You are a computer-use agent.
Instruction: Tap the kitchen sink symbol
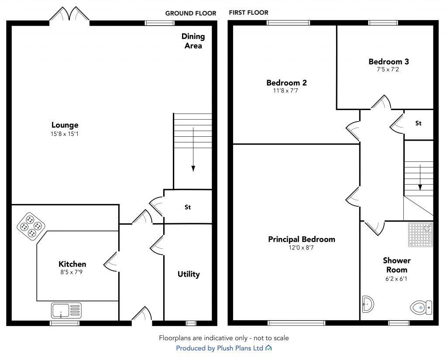coord(66,311)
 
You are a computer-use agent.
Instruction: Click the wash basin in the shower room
coord(368,303)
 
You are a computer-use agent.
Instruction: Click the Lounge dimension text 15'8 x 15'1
coord(65,134)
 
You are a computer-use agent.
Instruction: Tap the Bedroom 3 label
coord(389,62)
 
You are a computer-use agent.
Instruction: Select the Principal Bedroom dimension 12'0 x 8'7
coord(302,248)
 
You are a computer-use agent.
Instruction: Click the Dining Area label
coord(193,41)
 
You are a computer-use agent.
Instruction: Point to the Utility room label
coord(189,274)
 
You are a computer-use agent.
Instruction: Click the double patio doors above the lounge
coord(69,15)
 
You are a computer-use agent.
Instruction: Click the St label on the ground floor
coord(188,207)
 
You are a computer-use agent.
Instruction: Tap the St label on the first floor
coord(418,124)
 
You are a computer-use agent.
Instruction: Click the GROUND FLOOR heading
coord(190,13)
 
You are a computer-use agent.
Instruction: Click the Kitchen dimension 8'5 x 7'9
coord(72,272)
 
